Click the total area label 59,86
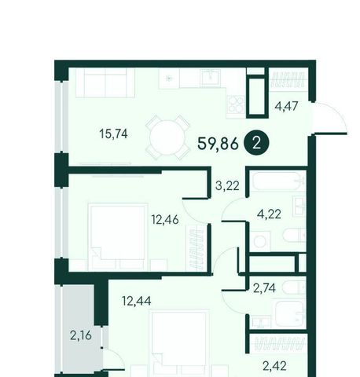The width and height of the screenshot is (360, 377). tap(218, 144)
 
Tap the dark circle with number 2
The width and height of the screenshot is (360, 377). tap(256, 144)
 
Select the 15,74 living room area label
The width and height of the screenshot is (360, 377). tap(113, 134)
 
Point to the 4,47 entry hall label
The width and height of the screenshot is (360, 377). tap(286, 106)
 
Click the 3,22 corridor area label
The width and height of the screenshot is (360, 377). tap(227, 185)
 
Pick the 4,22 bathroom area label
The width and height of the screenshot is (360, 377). tap(269, 214)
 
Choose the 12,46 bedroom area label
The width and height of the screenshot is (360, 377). tap(165, 219)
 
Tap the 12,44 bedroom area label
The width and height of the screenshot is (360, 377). tap(137, 301)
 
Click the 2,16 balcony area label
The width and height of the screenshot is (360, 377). tap(81, 335)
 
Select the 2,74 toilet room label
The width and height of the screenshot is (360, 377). tap(264, 288)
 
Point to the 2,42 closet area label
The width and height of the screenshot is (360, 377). tap(274, 366)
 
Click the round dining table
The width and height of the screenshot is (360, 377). tap(167, 137)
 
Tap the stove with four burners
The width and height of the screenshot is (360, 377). tap(236, 104)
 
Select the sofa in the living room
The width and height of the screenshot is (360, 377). tap(105, 82)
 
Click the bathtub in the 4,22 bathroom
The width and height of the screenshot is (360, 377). tap(278, 181)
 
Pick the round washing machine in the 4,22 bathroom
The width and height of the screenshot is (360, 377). tap(259, 241)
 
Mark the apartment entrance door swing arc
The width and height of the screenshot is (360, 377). tap(336, 113)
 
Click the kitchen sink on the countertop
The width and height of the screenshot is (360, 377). tap(211, 78)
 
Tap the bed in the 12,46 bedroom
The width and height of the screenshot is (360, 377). tap(118, 236)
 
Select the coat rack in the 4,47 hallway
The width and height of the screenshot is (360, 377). tap(288, 79)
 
